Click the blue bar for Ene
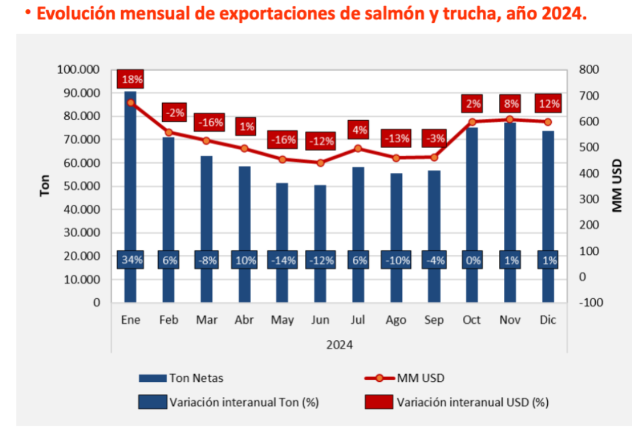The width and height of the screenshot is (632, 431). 130,176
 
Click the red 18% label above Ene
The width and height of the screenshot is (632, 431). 131,79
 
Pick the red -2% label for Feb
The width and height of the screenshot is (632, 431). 174,112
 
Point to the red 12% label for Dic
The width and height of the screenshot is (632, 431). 548,104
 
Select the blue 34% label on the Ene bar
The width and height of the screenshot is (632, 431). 130,260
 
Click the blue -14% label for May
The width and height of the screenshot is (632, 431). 282,260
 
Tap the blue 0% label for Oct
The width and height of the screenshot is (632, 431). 473,260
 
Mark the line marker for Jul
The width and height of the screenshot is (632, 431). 358,148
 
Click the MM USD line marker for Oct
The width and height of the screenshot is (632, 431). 472,122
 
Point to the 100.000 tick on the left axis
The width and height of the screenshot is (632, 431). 78,70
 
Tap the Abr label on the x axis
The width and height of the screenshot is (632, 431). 244,320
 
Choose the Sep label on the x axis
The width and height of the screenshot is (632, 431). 434,320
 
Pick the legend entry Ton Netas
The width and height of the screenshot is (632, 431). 195,378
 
